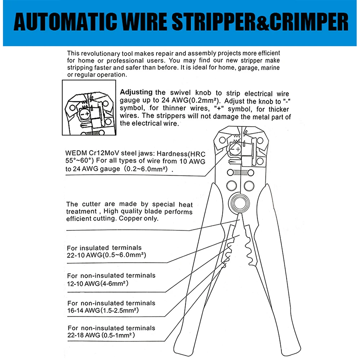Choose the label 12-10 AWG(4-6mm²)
[98, 284]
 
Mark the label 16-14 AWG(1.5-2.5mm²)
[103, 310]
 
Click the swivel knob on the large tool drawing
[235, 149]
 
